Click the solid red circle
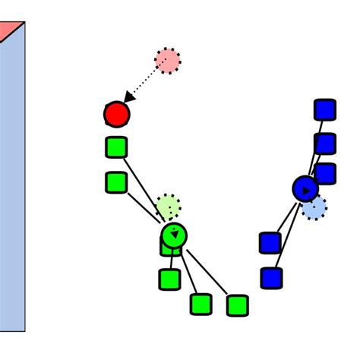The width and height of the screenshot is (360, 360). point(116,115)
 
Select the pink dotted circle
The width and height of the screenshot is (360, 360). point(168,61)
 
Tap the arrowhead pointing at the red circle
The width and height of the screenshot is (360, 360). point(129,98)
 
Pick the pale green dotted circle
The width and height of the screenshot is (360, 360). point(168,206)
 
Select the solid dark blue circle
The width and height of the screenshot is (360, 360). point(305,189)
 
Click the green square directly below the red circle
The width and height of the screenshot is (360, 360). point(116,147)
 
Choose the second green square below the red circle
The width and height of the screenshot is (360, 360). point(116,182)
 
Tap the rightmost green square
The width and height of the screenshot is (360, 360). point(237,305)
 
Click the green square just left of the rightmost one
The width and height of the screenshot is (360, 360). point(201,305)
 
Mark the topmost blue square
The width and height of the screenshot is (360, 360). point(324,109)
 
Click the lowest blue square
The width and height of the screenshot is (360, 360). point(271,278)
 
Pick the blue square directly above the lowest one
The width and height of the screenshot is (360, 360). point(270,243)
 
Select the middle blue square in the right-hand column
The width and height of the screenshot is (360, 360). point(325,143)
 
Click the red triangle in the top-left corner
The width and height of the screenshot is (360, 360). point(8,29)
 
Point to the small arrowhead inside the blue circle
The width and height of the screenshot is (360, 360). point(306,191)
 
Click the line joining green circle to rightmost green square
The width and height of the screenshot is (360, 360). point(207,271)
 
